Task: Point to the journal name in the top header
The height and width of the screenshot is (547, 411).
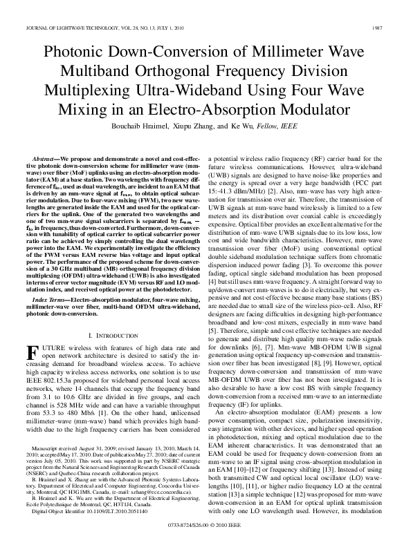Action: [x=75, y=28]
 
